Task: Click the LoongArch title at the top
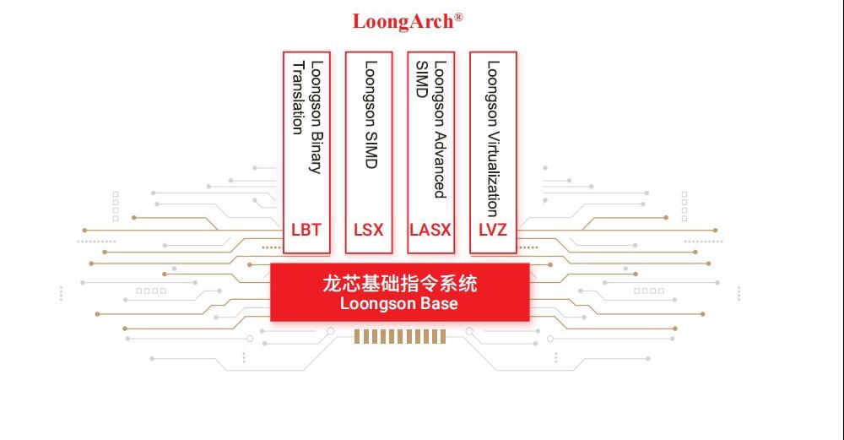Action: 403,22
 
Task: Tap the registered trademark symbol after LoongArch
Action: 458,17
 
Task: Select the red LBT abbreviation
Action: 306,230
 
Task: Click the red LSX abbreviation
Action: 368,230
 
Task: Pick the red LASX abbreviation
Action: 430,230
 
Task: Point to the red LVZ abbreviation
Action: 493,230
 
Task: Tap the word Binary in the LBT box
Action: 316,152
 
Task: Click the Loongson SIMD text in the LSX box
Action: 371,114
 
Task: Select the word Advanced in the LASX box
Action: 441,164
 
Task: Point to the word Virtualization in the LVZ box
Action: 493,173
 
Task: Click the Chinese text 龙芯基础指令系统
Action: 399,283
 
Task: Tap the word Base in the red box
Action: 439,304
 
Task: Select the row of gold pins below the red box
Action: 400,337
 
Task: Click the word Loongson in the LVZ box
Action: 493,93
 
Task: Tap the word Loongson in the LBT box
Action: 316,93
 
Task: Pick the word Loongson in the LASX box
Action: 441,93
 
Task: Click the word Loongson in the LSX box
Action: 371,93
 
